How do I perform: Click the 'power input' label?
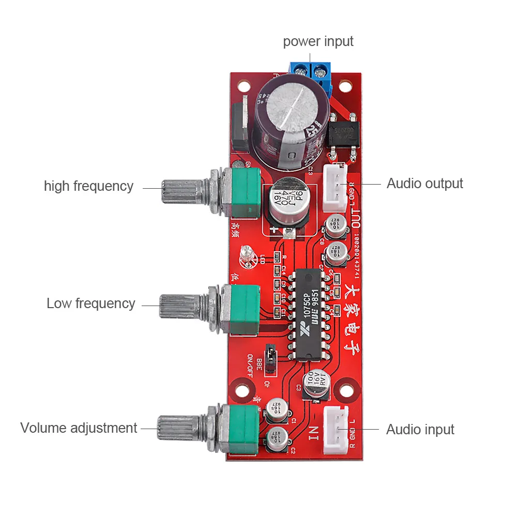pos(318,41)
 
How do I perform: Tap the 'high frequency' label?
pos(88,186)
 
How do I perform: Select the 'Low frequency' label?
pos(90,303)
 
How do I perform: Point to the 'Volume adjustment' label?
pos(79,428)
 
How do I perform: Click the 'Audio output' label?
pos(424,184)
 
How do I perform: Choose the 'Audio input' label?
pos(420,429)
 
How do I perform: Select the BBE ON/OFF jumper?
pos(269,355)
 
